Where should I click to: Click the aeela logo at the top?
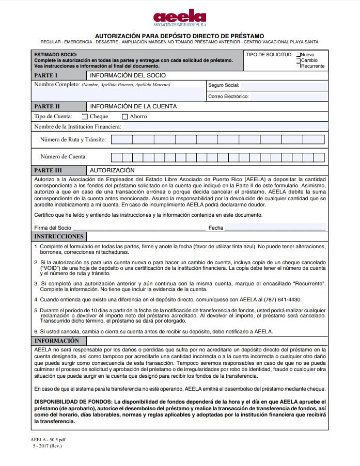tap(179, 18)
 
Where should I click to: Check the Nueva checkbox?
tap(298, 55)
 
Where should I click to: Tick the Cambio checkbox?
tap(298, 60)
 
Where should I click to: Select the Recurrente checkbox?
tap(298, 66)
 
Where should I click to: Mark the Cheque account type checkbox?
tap(85, 117)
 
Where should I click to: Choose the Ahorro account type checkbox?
tap(124, 117)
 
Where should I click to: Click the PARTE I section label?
tap(46, 75)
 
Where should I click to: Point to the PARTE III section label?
tap(48, 170)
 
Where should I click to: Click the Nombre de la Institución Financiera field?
tap(225, 126)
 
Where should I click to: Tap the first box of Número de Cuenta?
tap(116, 157)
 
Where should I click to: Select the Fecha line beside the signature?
tap(275, 227)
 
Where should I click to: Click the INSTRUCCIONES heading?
tap(58, 236)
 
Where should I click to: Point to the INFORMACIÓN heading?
tap(56, 341)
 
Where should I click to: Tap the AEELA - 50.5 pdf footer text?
tap(48, 440)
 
